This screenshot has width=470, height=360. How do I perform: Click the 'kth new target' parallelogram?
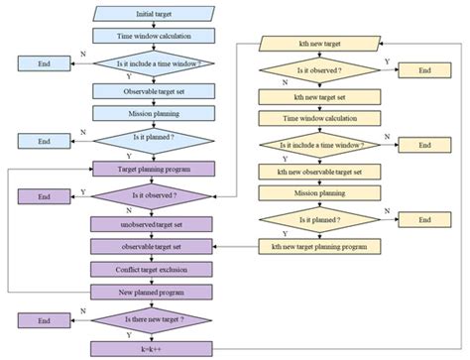[x=315, y=45]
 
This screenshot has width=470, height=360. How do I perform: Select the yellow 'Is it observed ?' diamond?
[x=315, y=70]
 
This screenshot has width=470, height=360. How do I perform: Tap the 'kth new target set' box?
[x=315, y=97]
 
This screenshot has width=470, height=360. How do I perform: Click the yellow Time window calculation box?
[x=315, y=120]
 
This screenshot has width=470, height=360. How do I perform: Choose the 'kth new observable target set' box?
[x=315, y=171]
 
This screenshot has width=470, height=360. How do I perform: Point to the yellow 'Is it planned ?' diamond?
[x=315, y=219]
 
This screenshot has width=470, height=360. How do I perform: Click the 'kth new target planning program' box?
[x=315, y=245]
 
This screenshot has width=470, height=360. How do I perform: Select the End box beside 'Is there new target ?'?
[x=44, y=320]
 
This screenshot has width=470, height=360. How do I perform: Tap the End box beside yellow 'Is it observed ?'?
[x=424, y=70]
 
